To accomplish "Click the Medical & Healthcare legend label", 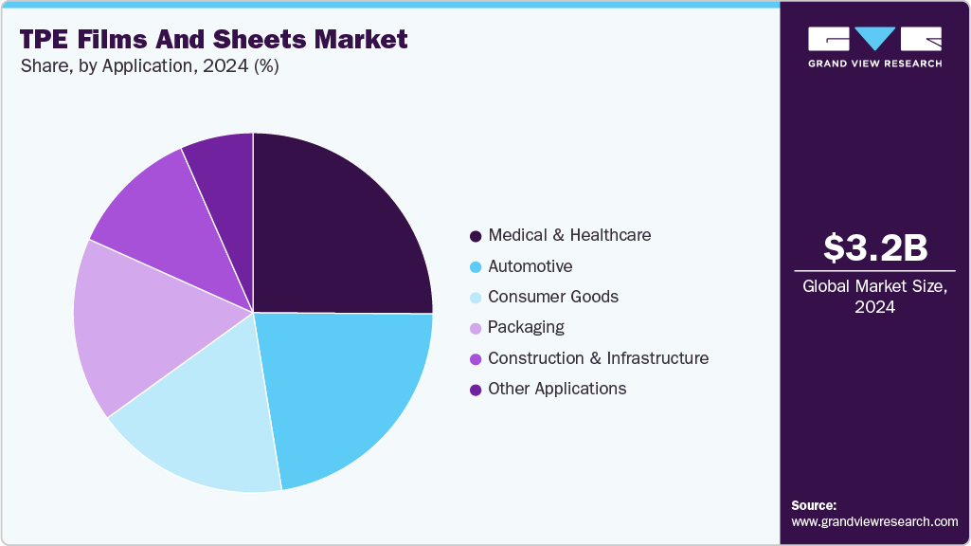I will (x=569, y=235).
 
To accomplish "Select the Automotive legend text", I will (x=530, y=266).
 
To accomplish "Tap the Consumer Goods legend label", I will (x=553, y=297).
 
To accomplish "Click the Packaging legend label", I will (x=526, y=327).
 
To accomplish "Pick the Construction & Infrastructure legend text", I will (x=598, y=358).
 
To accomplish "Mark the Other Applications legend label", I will (x=557, y=389).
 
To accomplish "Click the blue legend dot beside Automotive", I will (x=474, y=266).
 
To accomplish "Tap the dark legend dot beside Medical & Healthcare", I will (x=474, y=235).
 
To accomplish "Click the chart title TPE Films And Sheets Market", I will (x=213, y=39).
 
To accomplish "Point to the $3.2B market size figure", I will (x=874, y=247).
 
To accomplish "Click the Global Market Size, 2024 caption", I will (x=874, y=297).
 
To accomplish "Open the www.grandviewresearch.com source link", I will (x=874, y=522).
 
